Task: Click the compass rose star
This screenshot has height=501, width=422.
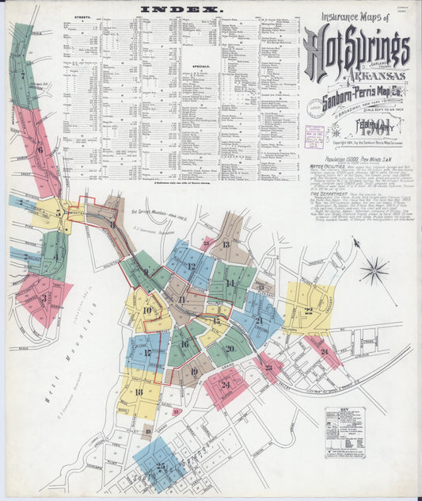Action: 373,271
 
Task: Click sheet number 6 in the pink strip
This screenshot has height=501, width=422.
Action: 40,148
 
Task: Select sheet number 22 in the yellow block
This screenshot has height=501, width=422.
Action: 308,311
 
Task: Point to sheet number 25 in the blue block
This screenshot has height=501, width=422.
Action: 161,467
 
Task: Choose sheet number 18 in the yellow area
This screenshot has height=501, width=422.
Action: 139,392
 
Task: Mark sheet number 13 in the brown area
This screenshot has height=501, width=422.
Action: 226,244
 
